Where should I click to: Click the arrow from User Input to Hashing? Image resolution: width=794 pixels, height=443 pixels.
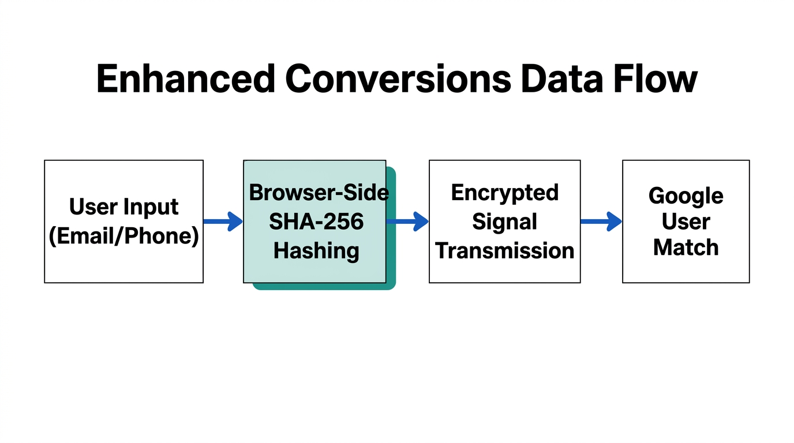click(x=223, y=221)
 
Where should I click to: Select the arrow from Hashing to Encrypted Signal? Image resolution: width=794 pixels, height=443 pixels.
click(x=407, y=221)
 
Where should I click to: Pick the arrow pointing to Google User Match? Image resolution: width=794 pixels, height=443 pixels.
click(x=601, y=221)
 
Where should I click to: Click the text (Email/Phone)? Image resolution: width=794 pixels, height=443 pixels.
click(x=123, y=236)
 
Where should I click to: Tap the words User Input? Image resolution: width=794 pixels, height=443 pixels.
click(x=123, y=207)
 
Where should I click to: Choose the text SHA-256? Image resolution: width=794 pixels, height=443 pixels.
click(x=316, y=221)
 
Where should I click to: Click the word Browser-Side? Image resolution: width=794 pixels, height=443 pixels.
click(x=319, y=193)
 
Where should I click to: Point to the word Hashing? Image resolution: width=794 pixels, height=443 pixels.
click(x=316, y=251)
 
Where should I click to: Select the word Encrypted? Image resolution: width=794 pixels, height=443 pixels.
click(x=504, y=193)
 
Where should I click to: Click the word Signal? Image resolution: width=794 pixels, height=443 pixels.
click(x=504, y=221)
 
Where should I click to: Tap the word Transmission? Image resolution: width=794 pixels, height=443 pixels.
click(x=504, y=251)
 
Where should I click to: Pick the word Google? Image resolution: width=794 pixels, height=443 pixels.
click(x=686, y=196)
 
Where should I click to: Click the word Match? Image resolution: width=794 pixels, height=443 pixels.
click(x=686, y=247)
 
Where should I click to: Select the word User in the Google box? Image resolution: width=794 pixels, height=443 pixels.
click(x=686, y=221)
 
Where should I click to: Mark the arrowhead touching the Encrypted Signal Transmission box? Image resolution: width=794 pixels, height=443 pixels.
click(x=421, y=221)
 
